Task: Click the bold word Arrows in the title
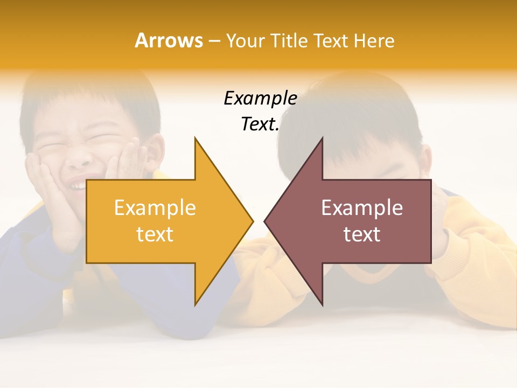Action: [169, 40]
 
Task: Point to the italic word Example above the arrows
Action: [260, 99]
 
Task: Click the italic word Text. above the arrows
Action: [260, 124]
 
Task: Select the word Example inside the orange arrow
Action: [155, 208]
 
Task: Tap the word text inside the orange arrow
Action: [155, 234]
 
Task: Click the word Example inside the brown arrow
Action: [362, 208]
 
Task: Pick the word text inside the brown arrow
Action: [362, 234]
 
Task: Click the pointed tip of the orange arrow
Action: [252, 221]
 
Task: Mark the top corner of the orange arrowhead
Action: [195, 138]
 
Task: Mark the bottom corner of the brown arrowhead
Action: [322, 304]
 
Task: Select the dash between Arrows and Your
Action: [214, 41]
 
